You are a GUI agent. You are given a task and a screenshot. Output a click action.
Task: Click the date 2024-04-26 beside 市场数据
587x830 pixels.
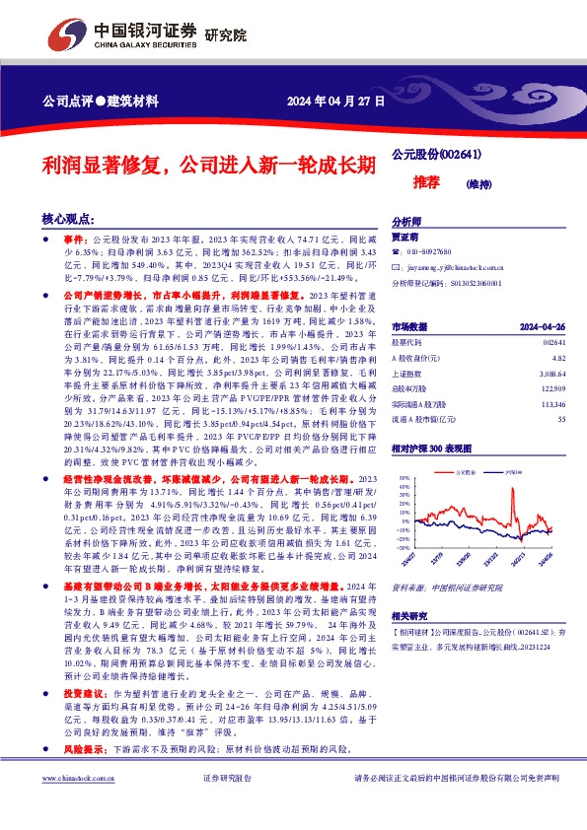pos(539,326)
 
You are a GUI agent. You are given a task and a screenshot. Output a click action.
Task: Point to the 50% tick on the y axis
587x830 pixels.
pos(403,477)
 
